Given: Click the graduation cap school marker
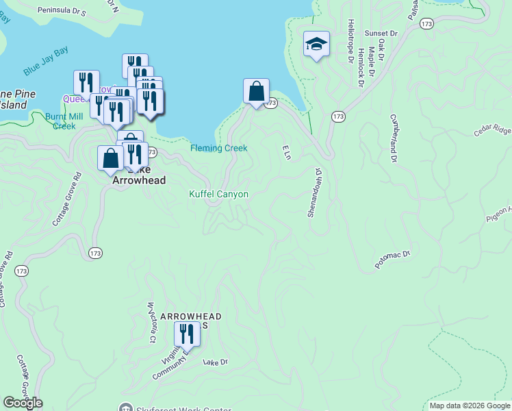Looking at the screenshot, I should pos(316,45).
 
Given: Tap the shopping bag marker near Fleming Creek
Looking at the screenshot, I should pos(256,91).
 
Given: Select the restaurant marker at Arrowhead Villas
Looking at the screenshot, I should pos(186,334).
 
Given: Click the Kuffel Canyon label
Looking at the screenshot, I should pos(218,195).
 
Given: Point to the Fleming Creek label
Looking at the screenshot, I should pos(218,148).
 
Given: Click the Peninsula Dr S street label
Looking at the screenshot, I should pos(62,12).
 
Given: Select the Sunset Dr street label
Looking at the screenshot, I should pos(381,33).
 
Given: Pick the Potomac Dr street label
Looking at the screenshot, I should pos(392,260).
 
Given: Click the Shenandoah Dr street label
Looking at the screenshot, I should pos(314,192).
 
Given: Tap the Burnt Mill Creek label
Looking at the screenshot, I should pos(64,121).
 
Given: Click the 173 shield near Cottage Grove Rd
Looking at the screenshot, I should pos(95,253).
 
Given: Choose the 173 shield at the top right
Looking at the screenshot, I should pos(427,24).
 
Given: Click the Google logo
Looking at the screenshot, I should pos(23,403).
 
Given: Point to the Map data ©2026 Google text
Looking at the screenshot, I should pos(469,406).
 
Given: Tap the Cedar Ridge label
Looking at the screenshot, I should pos(492,129).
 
